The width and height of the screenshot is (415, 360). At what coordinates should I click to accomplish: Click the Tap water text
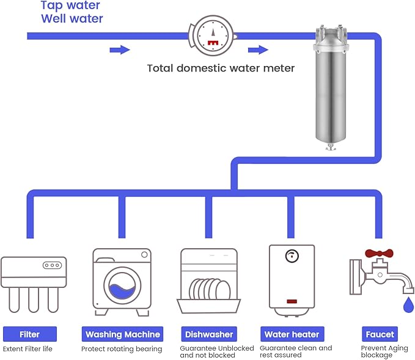point(70,6)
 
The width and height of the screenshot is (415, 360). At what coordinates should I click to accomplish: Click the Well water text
point(72,19)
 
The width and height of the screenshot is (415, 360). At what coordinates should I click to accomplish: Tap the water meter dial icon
point(211,35)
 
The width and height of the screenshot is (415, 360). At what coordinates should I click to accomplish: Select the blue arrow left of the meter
point(119,50)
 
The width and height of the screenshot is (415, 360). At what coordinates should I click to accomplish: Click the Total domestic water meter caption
point(221,68)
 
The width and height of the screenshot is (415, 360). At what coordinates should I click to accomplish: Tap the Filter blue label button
point(30,334)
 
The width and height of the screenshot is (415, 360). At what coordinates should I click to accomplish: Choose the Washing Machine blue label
point(122,334)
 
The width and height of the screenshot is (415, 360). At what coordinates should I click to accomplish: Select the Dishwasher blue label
point(208,334)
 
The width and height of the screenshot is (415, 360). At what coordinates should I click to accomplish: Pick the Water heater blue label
point(292,334)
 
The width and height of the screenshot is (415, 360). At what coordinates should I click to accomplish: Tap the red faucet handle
point(380,253)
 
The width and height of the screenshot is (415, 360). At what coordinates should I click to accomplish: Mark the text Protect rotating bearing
point(122,349)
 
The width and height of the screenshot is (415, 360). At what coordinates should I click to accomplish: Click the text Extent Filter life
point(28,349)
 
